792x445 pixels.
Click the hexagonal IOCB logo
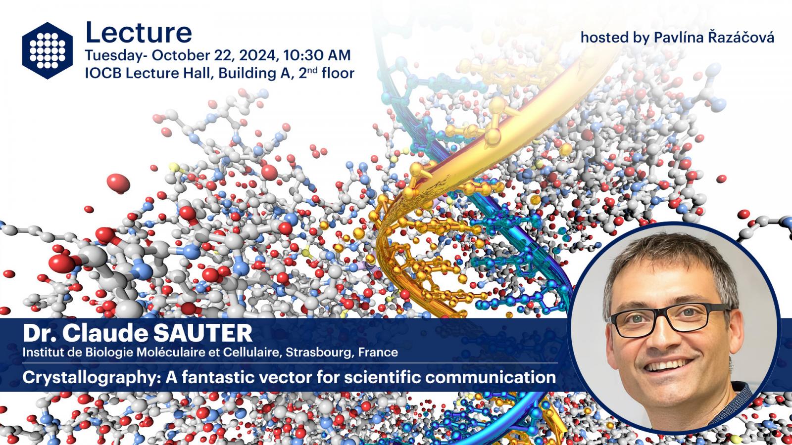tap(48, 50)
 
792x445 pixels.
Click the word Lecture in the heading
tap(139, 33)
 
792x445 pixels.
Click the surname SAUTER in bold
tap(202, 333)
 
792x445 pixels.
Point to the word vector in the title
tap(285, 378)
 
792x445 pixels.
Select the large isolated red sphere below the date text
tap(118, 183)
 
